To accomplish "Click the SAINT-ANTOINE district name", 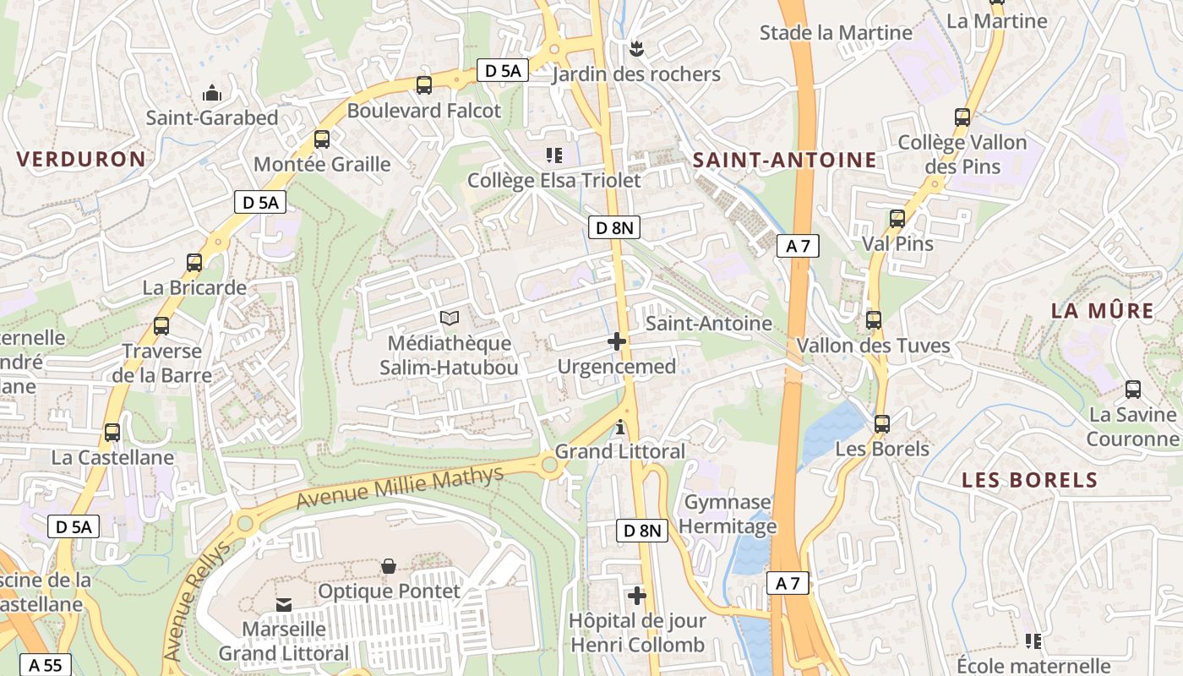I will [x=785, y=160].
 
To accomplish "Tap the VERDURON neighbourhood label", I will [x=81, y=159].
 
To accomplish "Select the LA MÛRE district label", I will [x=1102, y=310].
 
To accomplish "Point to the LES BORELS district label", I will [x=1030, y=480].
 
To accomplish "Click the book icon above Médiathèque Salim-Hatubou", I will [x=450, y=319].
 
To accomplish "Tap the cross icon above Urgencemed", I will [x=617, y=341].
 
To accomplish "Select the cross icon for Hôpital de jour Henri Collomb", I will [x=637, y=596].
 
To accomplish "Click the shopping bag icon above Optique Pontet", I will [x=389, y=566].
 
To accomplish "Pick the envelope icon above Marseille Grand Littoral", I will [x=284, y=605].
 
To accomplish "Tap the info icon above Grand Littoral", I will [x=621, y=428].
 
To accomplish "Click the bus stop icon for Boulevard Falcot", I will [x=424, y=85].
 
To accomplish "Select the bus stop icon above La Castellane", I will [x=112, y=433].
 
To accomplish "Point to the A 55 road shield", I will [x=46, y=665].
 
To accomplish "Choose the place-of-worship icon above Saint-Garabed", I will [x=211, y=92].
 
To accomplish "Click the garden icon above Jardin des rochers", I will [x=636, y=49].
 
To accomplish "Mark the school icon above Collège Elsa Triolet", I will [x=554, y=155].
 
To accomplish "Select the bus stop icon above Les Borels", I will [x=882, y=424].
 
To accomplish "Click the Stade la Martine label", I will [x=836, y=33].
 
